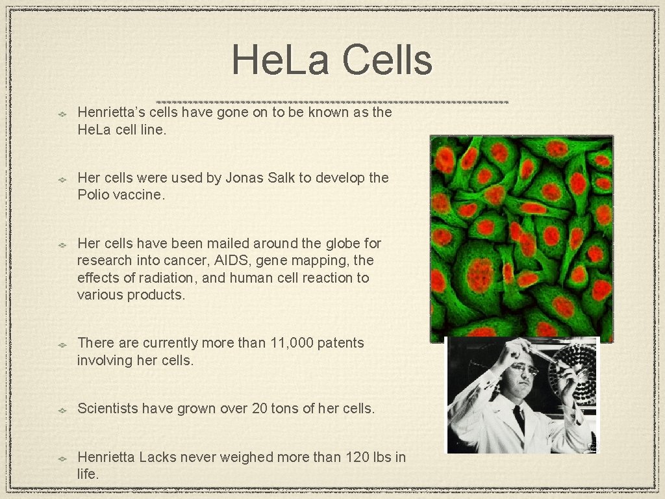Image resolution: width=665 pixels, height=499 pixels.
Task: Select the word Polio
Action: click(x=95, y=194)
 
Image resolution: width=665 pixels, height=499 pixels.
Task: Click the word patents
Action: click(x=341, y=342)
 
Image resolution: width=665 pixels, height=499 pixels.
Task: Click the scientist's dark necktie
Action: click(x=518, y=418)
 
